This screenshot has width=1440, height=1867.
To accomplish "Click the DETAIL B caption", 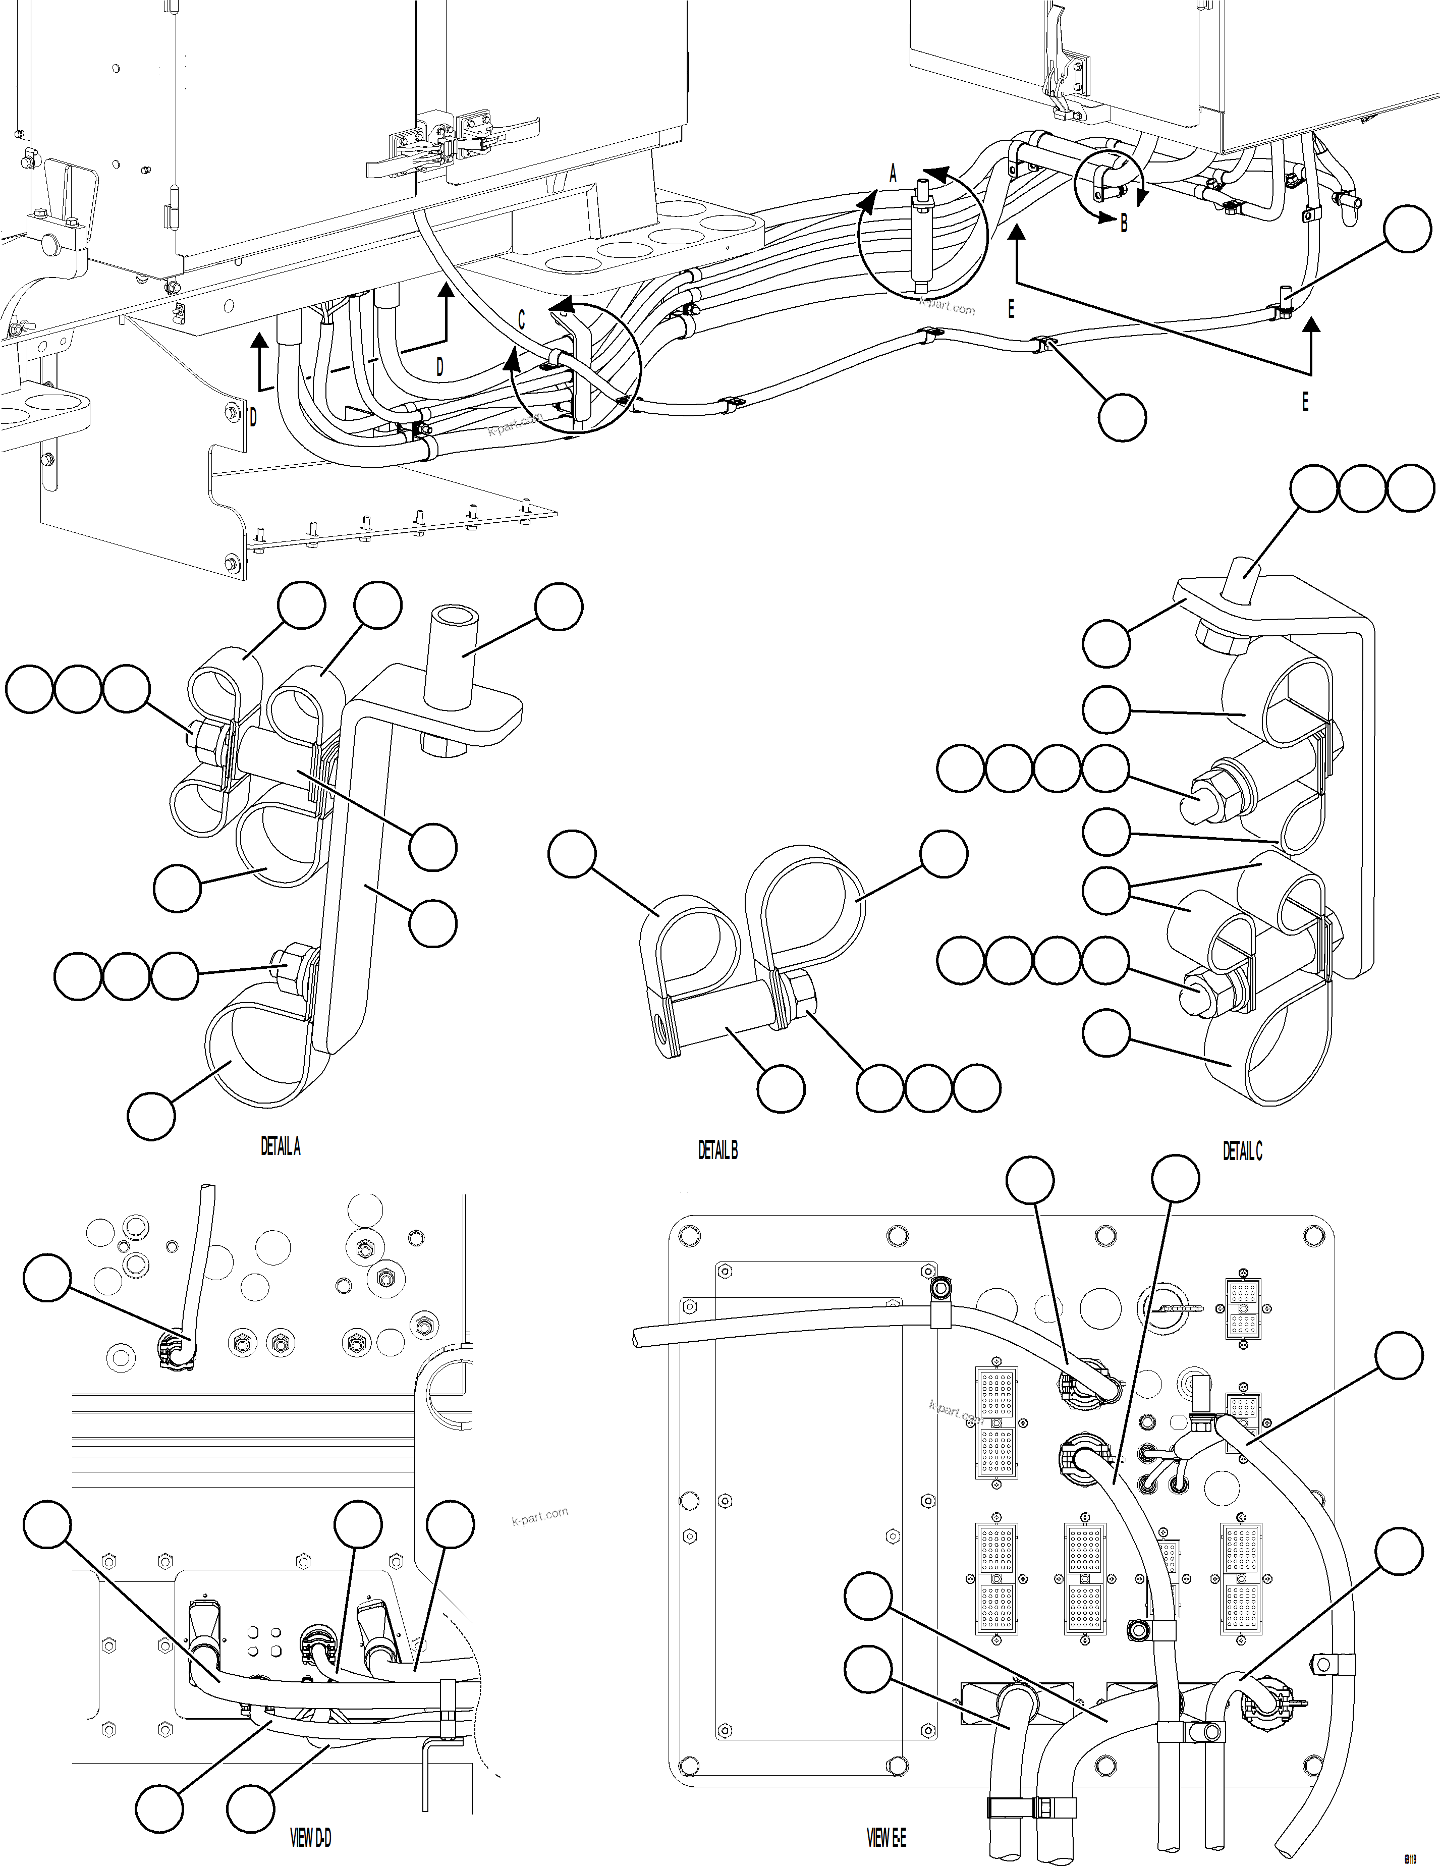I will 718,1150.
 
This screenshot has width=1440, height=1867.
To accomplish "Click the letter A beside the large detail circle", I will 893,175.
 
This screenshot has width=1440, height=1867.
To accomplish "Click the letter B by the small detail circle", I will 1124,224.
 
